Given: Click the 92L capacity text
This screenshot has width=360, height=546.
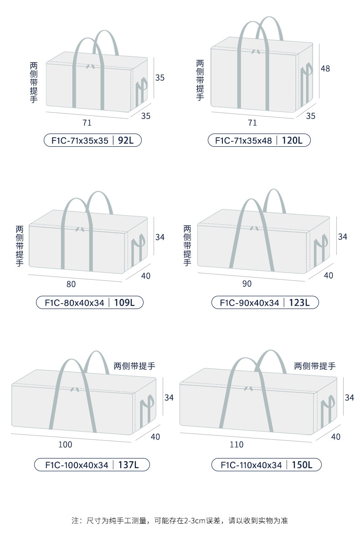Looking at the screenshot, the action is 125,140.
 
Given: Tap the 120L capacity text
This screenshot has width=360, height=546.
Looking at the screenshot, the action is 292,140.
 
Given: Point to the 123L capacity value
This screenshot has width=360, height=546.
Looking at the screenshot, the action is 298,302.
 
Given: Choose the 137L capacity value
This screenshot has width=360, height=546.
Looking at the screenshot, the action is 128,465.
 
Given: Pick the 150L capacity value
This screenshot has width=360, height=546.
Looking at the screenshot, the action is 301,465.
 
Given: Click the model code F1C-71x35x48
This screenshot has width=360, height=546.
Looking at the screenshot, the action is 243,140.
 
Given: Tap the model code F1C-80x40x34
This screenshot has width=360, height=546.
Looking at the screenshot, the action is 75,302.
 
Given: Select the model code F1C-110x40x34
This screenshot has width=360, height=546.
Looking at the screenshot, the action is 251,465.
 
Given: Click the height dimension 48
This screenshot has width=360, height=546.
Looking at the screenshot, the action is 325,69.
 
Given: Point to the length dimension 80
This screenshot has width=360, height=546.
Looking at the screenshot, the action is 71,284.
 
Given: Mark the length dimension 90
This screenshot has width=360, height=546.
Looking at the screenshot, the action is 247,284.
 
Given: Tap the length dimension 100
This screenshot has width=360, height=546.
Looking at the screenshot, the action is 65,444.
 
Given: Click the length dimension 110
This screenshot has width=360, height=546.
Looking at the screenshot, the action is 237,444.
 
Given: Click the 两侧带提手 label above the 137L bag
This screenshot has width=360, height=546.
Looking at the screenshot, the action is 134,366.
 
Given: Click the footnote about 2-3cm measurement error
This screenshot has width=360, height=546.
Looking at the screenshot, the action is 180,520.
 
